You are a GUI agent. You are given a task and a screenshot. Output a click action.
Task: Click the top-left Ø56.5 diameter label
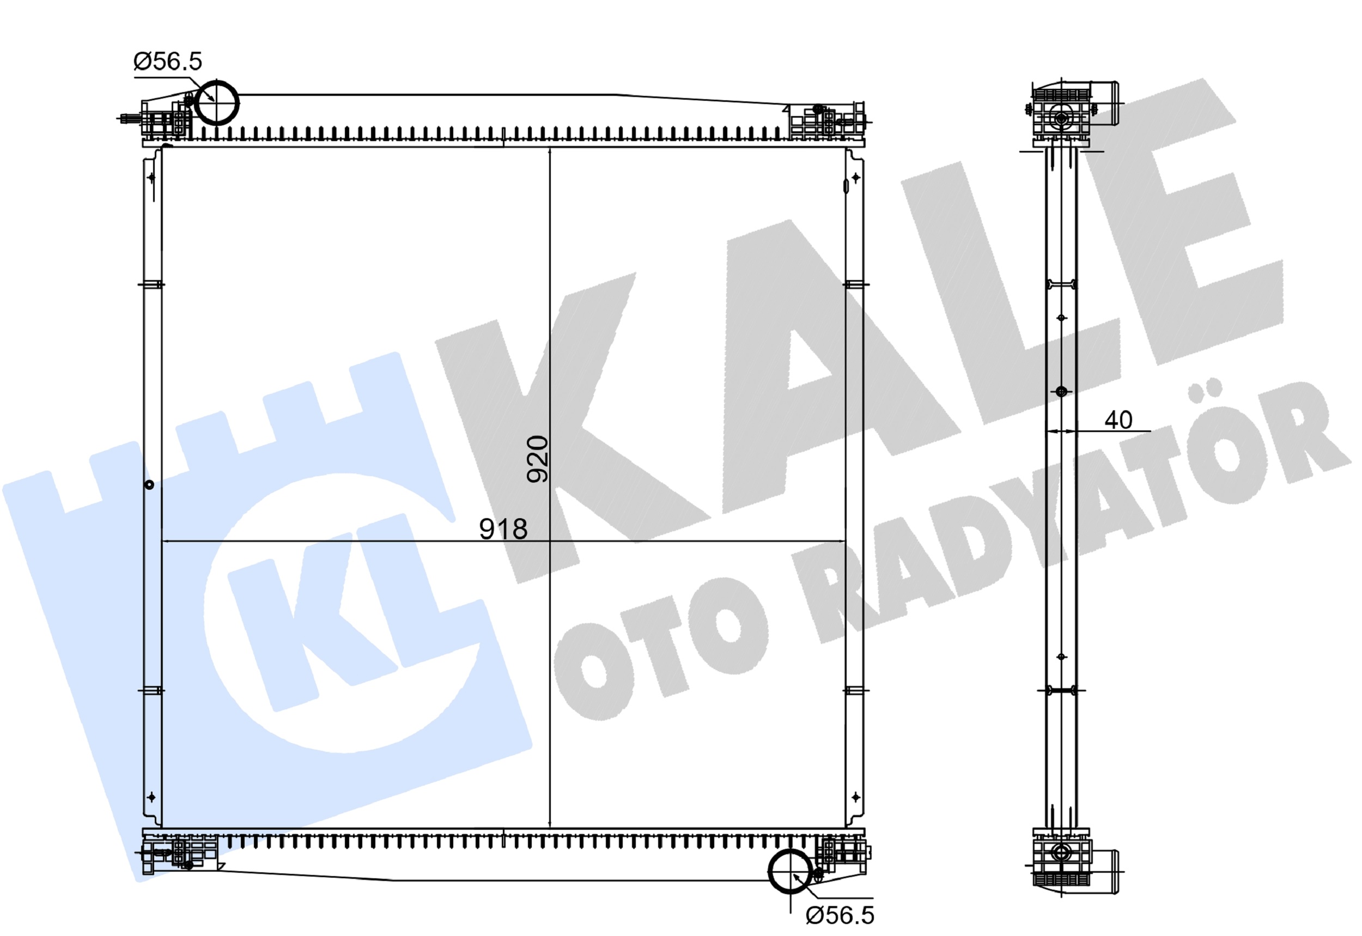coord(168,62)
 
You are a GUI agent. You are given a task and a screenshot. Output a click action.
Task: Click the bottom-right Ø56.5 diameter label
coord(840,915)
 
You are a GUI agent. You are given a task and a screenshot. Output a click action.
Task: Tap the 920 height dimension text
coord(537,459)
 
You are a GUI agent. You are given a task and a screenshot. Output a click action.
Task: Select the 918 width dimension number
coord(503,529)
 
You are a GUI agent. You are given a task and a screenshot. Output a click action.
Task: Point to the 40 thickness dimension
coord(1118,420)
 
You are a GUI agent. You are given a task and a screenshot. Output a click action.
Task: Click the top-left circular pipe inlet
coord(216,102)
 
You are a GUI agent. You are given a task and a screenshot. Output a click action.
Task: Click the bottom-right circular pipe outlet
coord(791,872)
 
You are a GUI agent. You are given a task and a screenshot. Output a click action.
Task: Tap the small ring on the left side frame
coord(149,484)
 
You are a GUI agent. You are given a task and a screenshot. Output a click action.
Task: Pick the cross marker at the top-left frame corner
coord(152,177)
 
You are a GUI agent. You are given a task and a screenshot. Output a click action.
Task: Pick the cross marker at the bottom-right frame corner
coord(855,797)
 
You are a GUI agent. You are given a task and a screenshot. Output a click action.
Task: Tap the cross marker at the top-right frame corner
coord(855,177)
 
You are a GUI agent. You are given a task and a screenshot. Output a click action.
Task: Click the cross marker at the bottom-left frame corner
coord(151,797)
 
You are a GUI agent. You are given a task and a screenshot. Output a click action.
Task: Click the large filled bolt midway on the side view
coord(1061,391)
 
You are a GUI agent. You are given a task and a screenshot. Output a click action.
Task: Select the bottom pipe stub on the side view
coord(1105,872)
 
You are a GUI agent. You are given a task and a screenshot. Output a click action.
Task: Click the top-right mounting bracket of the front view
coord(826,122)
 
